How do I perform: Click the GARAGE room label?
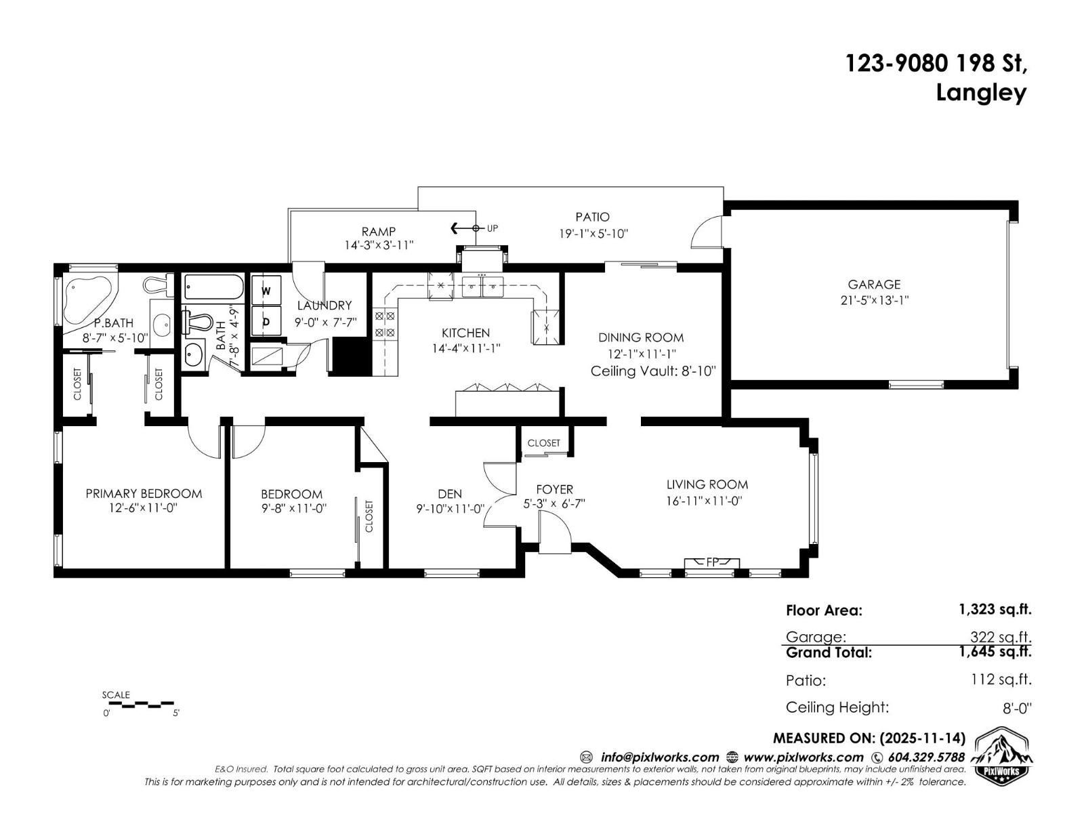click(x=874, y=285)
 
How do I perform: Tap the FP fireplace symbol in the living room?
click(x=712, y=562)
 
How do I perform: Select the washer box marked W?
click(x=266, y=291)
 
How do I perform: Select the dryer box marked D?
click(x=266, y=322)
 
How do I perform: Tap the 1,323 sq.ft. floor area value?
click(x=995, y=609)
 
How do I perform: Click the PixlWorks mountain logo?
click(x=1003, y=755)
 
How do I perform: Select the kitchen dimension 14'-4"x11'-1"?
click(x=466, y=348)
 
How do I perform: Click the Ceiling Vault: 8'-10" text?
click(x=653, y=371)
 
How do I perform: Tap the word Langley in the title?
click(x=980, y=93)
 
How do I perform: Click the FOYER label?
click(x=554, y=489)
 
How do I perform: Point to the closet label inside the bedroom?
click(x=369, y=516)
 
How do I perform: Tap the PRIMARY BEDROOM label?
click(x=144, y=493)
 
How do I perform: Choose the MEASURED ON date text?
click(x=869, y=738)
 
